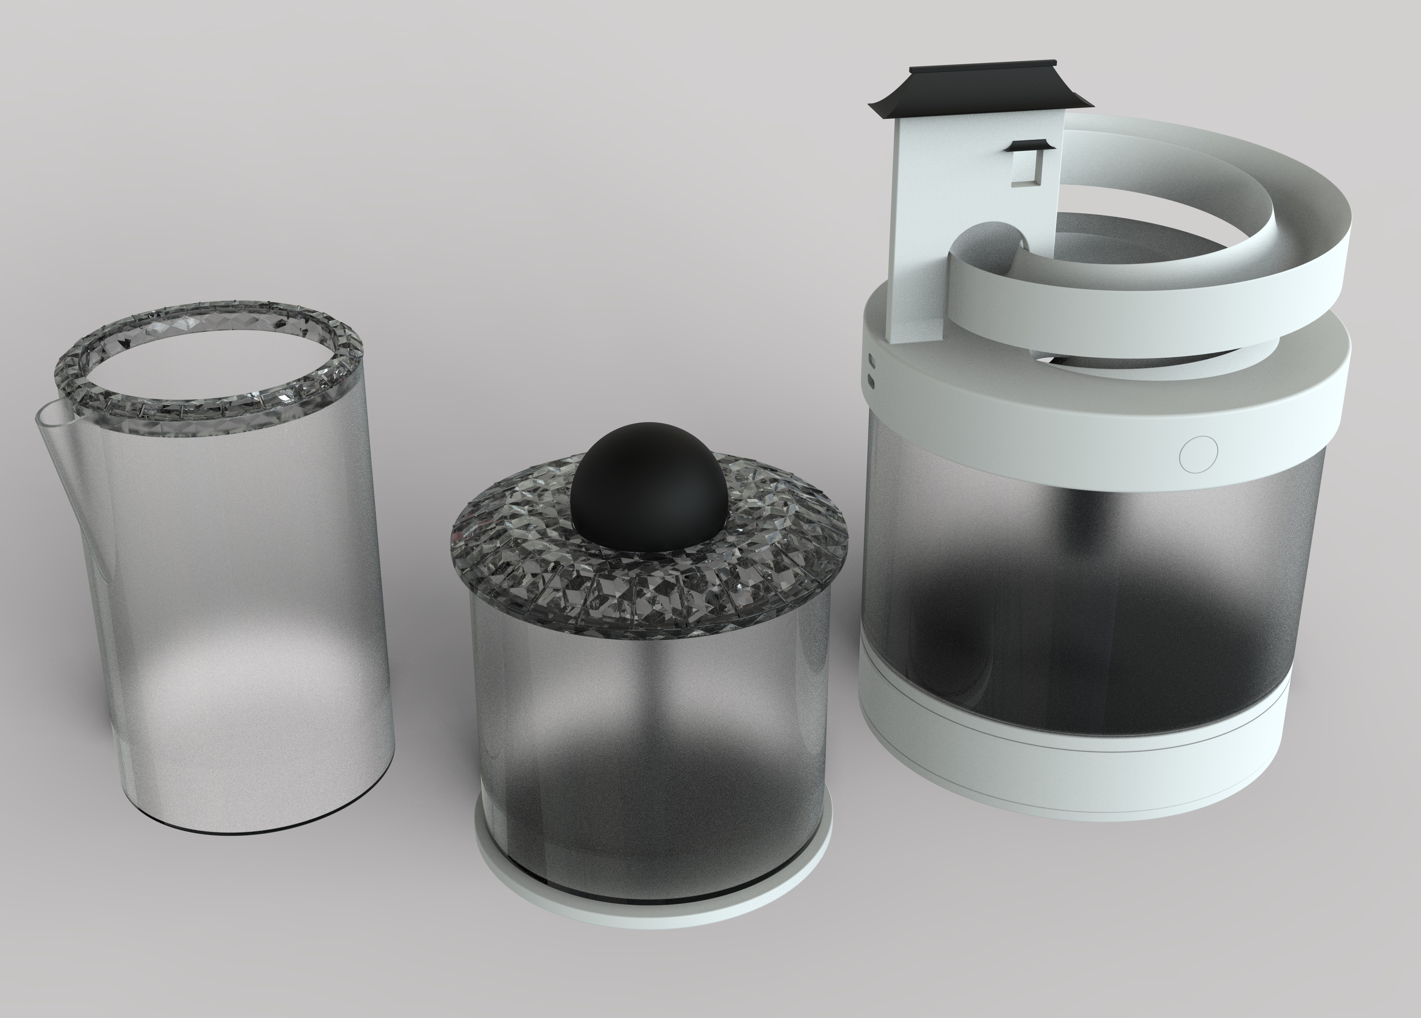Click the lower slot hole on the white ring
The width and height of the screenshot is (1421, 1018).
pos(871,380)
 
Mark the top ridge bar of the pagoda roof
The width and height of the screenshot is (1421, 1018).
pos(984,66)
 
